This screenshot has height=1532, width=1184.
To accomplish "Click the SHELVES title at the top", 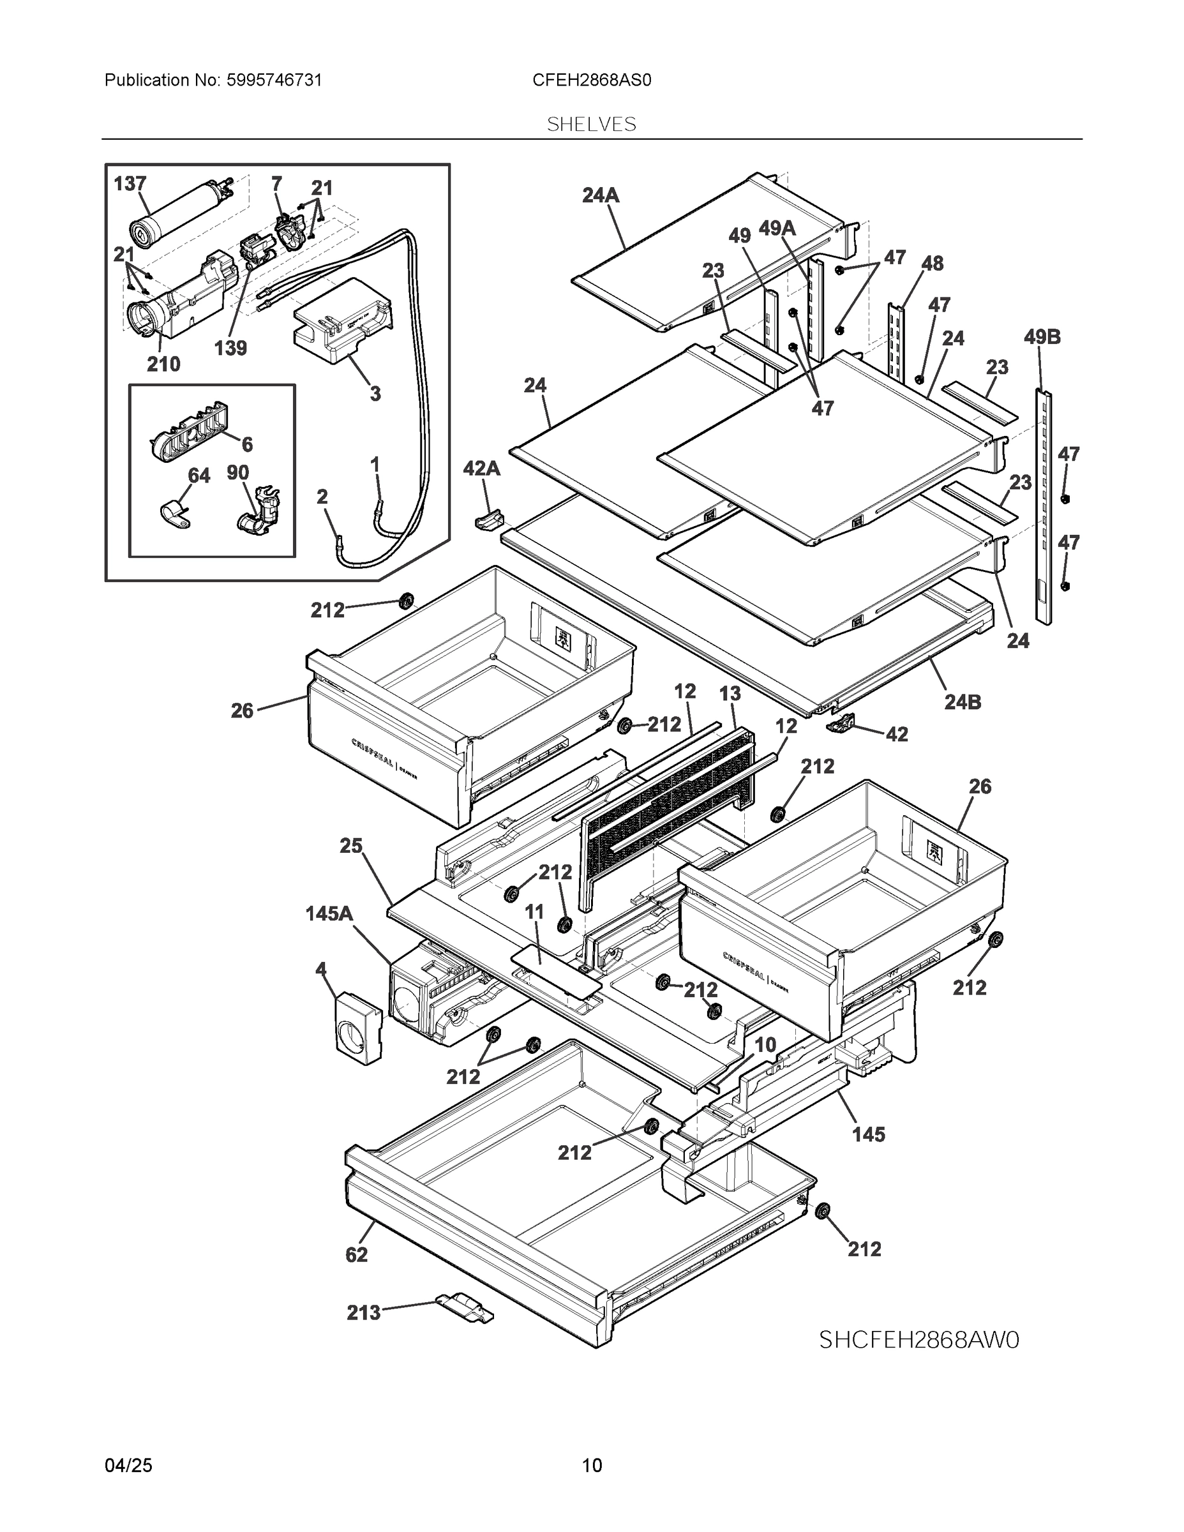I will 591,124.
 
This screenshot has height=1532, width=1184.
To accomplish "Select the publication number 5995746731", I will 274,80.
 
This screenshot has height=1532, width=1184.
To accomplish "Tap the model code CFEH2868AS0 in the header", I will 591,80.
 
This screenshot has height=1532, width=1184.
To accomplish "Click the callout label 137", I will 130,184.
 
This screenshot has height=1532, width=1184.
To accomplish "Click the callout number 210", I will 163,364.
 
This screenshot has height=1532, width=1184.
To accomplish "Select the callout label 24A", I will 601,196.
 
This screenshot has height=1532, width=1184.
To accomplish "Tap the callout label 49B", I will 1042,338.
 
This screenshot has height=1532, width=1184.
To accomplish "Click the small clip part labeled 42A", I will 489,520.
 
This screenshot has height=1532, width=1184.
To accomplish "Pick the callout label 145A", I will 329,914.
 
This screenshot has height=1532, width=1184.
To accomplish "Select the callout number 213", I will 363,1312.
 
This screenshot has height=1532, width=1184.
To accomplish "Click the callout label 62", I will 356,1255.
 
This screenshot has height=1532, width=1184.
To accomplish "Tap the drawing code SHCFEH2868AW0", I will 919,1340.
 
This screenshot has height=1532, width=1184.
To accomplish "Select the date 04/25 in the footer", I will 128,1466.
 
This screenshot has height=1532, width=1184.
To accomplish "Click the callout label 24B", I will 963,702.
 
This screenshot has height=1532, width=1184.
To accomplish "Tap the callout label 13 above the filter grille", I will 730,694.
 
